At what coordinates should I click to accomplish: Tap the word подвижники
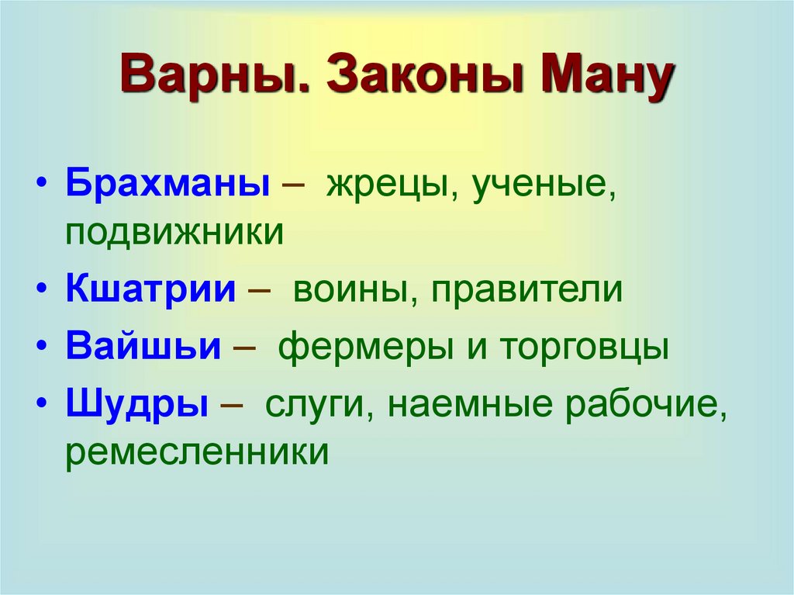tap(174, 233)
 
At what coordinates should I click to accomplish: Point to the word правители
tap(527, 291)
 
